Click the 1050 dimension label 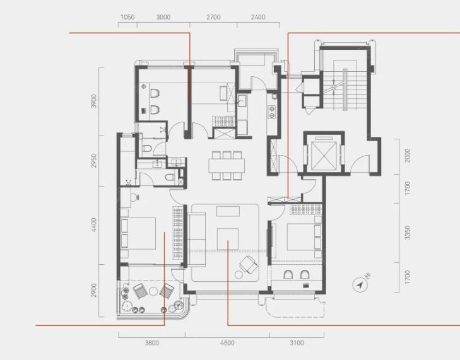click(127, 17)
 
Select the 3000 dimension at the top click(163, 17)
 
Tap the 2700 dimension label click(213, 17)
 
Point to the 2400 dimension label click(258, 17)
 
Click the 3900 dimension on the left click(93, 101)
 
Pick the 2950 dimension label click(93, 161)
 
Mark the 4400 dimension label click(93, 225)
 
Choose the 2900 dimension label click(93, 290)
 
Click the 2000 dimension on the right click(407, 156)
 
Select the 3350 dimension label click(407, 233)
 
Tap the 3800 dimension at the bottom click(152, 343)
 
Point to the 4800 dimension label click(227, 343)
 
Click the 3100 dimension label click(297, 343)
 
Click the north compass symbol click(360, 284)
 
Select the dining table click(227, 165)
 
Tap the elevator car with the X click(324, 156)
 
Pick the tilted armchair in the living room click(249, 264)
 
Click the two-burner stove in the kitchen click(272, 112)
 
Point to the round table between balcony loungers click(153, 291)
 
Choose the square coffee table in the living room click(228, 239)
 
